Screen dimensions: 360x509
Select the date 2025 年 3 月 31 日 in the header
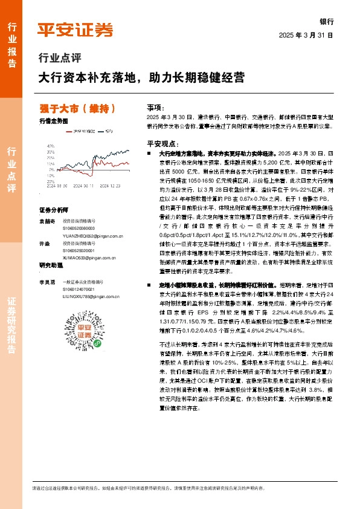[x=306, y=35]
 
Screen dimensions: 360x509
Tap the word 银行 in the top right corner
[x=326, y=20]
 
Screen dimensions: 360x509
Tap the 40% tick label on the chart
[x=50, y=146]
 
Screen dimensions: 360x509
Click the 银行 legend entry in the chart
[x=109, y=130]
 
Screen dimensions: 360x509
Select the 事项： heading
[x=156, y=105]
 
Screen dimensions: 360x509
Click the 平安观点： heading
[x=162, y=143]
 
